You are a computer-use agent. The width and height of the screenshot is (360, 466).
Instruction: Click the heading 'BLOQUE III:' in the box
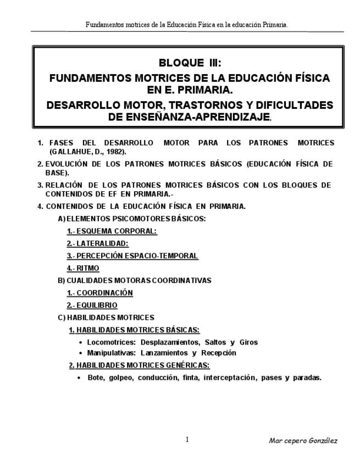189,63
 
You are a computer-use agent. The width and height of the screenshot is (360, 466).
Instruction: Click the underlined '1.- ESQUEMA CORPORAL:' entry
112,231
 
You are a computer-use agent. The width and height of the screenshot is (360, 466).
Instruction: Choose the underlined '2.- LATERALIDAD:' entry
98,243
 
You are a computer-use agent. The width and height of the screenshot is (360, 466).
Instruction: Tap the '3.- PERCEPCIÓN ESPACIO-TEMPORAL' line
132,256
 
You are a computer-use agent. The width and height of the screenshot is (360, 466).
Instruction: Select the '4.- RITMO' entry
83,268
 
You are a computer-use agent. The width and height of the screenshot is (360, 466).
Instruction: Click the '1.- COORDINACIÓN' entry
100,293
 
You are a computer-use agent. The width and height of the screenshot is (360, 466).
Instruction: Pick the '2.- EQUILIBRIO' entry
92,305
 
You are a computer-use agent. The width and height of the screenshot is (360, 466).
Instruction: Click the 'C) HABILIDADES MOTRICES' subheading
106,318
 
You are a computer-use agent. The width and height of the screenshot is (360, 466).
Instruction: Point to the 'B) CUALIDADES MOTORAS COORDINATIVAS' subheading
134,280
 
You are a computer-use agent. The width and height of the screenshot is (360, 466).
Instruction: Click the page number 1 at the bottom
187,440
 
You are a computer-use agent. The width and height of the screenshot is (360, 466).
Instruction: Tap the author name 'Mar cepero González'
303,441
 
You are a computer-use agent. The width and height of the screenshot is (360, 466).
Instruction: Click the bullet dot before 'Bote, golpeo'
80,378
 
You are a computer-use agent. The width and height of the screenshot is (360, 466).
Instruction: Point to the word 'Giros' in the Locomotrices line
248,342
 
